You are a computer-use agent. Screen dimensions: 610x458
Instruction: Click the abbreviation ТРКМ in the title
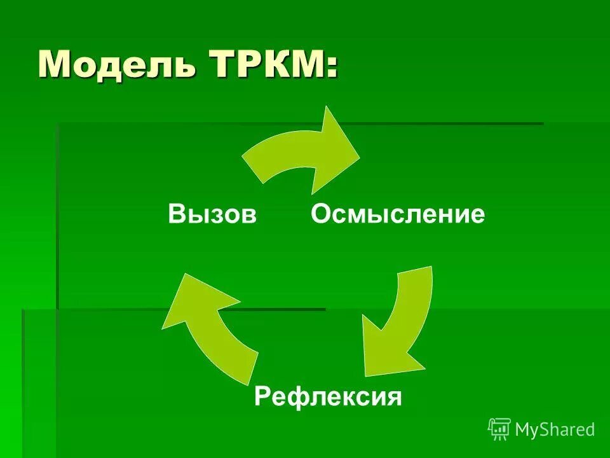(x=260, y=64)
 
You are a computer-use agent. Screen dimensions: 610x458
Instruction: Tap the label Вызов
(x=212, y=214)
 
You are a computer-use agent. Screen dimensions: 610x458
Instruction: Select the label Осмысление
(x=398, y=214)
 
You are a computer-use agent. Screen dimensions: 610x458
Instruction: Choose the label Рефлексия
(x=328, y=398)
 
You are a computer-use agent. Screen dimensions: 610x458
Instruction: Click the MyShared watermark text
(x=555, y=430)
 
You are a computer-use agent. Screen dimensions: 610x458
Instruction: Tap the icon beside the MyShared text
(x=499, y=429)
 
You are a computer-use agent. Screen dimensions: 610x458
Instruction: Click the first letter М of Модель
(x=55, y=64)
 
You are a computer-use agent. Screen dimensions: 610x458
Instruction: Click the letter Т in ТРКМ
(x=218, y=64)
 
